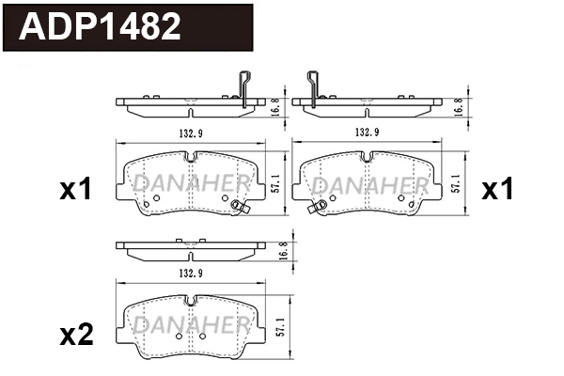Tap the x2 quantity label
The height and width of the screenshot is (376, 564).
click(x=76, y=336)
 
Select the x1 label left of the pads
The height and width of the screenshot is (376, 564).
click(x=75, y=190)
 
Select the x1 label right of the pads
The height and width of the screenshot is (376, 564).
click(x=497, y=190)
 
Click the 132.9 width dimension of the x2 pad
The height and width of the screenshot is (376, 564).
click(x=190, y=273)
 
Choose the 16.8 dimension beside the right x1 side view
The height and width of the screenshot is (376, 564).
click(x=459, y=106)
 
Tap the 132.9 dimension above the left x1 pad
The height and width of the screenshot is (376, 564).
click(x=190, y=133)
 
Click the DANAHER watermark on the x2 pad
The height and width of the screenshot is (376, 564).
click(x=191, y=324)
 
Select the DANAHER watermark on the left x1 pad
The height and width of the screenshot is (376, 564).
click(x=191, y=180)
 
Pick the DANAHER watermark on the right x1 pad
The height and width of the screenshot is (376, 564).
click(x=368, y=180)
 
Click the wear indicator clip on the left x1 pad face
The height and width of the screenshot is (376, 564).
click(x=238, y=209)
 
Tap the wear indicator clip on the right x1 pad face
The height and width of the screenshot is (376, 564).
click(x=321, y=208)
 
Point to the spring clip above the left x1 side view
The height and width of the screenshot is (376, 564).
click(x=245, y=86)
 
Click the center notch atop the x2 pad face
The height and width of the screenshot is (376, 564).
click(x=190, y=302)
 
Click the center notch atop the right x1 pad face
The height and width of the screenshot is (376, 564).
click(x=368, y=156)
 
